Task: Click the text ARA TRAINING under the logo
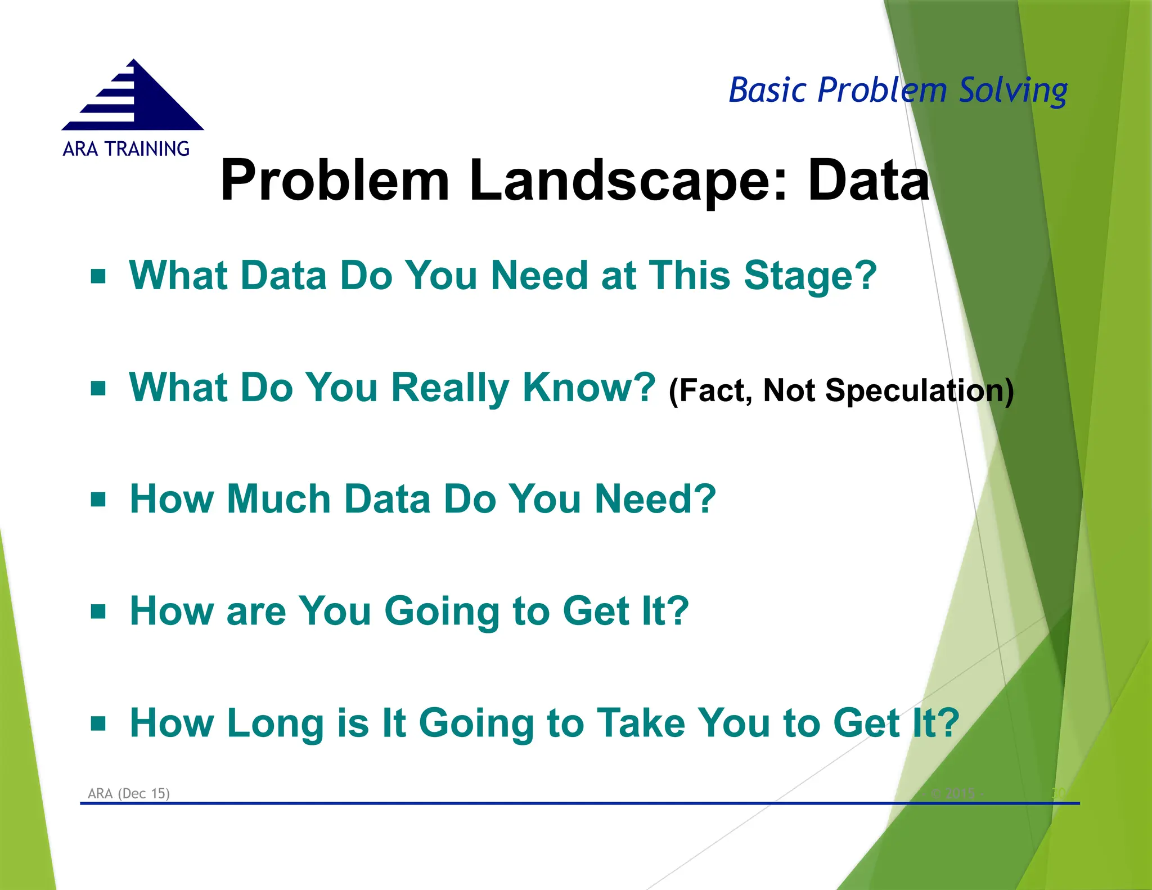point(126,149)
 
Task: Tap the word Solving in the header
point(1012,90)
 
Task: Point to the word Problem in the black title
point(335,180)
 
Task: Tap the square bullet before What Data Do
point(98,276)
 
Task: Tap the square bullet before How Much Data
point(98,500)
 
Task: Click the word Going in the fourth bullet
point(442,612)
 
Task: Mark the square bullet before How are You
point(98,612)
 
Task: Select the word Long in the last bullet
point(276,723)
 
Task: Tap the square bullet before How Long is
point(98,723)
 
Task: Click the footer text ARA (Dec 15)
point(129,793)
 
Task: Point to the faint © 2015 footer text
point(956,793)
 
